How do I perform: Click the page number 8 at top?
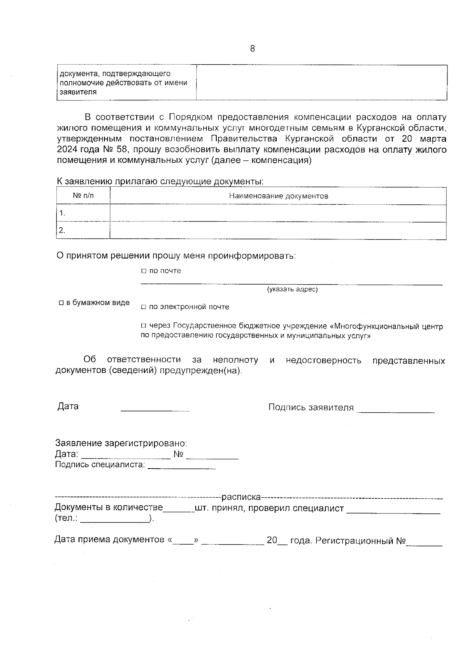253,49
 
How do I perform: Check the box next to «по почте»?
143,271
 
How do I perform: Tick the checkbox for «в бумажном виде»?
61,303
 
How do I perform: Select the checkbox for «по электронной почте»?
143,307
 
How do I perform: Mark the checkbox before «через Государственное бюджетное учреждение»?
143,326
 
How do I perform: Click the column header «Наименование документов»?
278,196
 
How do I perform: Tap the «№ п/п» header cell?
83,196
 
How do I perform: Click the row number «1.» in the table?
62,213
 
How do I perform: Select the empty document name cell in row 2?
278,230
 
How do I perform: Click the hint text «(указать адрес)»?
292,289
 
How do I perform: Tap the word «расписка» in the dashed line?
241,497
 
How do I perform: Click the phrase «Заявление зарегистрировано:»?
121,443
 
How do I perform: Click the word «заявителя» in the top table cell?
77,92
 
